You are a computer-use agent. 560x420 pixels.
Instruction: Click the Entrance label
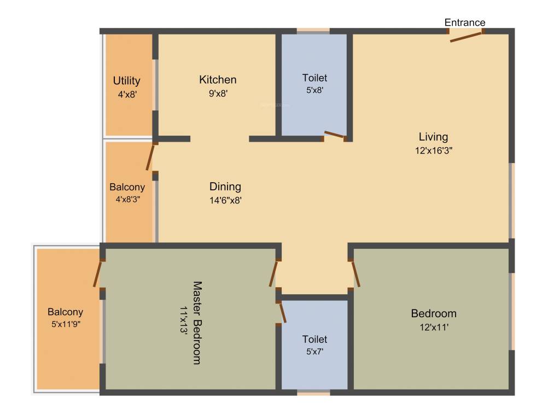coord(464,22)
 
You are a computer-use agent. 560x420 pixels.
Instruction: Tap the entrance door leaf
coord(466,37)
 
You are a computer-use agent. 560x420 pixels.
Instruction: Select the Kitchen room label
coord(218,80)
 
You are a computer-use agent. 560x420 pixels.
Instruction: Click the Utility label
coord(126,81)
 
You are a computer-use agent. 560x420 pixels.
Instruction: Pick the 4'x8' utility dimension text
coord(126,94)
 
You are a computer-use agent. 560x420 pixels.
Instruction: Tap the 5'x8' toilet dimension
coord(314,90)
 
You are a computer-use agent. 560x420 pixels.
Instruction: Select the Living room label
coord(433,137)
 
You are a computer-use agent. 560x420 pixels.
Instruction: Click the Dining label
coord(225,186)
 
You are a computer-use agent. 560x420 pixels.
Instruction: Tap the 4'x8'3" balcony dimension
coord(127,200)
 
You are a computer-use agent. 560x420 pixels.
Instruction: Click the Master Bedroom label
coord(197,323)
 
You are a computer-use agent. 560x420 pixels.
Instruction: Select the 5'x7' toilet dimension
coord(314,352)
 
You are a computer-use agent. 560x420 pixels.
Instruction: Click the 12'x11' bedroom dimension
coord(434,327)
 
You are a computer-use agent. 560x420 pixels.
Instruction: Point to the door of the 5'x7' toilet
coord(282,312)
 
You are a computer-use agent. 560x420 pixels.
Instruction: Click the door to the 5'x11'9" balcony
coord(99,274)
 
